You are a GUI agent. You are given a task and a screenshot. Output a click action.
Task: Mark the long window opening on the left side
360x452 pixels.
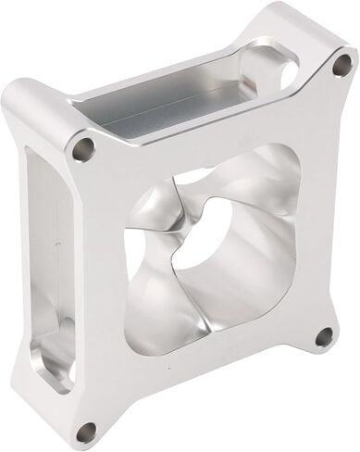42,278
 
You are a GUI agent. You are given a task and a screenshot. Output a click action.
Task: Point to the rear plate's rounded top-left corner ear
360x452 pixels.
20,97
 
